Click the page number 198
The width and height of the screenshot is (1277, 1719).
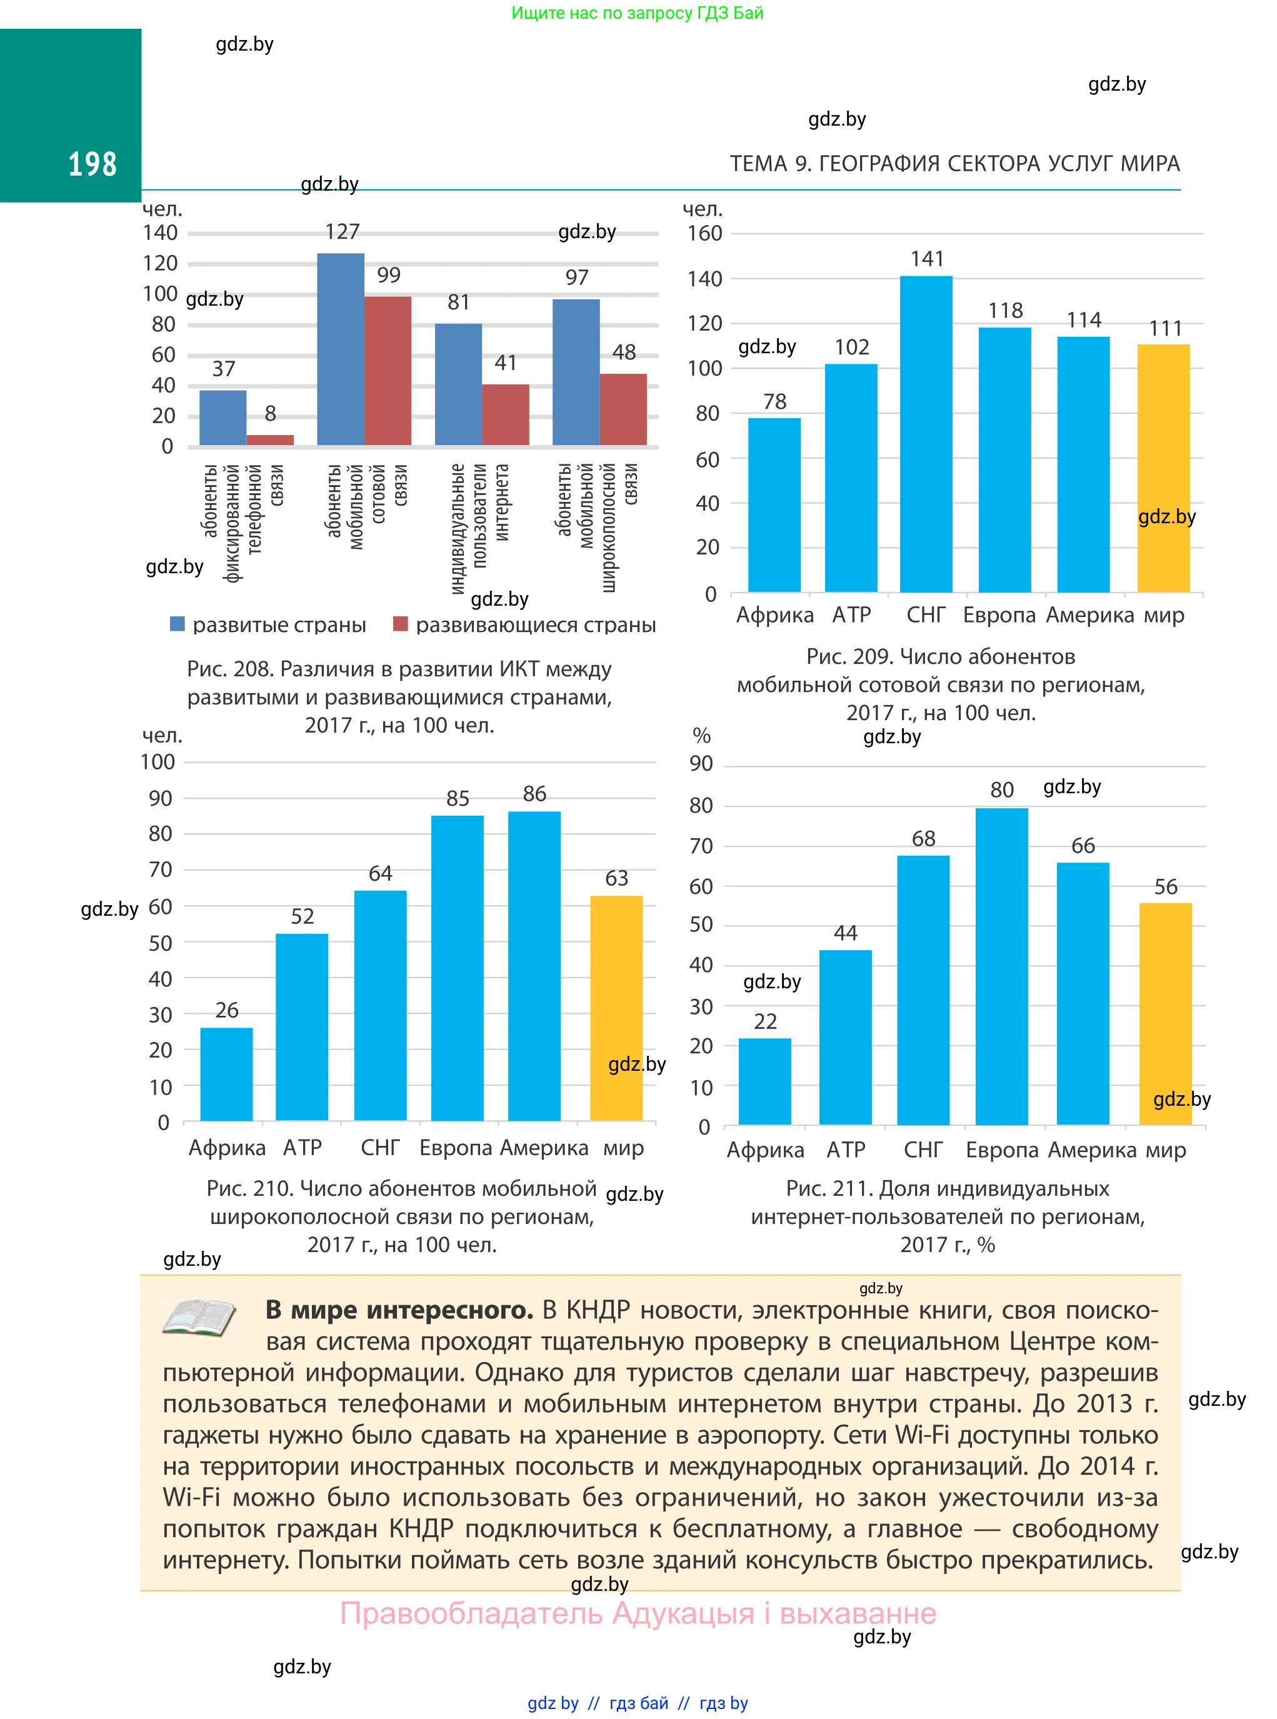click(92, 164)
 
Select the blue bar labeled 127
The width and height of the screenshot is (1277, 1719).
click(340, 349)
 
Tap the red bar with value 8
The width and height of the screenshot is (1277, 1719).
click(270, 440)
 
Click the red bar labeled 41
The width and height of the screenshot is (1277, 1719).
click(506, 414)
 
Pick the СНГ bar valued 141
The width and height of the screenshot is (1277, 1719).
click(926, 434)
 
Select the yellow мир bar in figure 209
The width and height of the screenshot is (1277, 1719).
click(1163, 468)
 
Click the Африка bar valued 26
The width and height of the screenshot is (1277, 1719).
click(226, 1074)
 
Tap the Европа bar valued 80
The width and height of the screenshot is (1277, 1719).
click(1002, 966)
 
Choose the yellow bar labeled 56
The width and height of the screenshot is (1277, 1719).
click(1165, 1013)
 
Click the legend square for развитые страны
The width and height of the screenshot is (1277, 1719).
click(178, 624)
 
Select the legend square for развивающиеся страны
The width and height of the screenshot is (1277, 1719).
click(401, 624)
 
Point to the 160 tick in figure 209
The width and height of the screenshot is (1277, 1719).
click(704, 233)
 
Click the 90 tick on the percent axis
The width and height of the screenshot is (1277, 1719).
click(701, 764)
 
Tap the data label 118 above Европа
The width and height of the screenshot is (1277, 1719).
click(1005, 311)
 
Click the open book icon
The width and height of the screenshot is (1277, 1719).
click(199, 1317)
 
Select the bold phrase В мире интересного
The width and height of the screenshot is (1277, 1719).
click(399, 1310)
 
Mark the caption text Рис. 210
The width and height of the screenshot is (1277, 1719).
click(249, 1188)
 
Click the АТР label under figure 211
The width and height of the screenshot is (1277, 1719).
click(846, 1150)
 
